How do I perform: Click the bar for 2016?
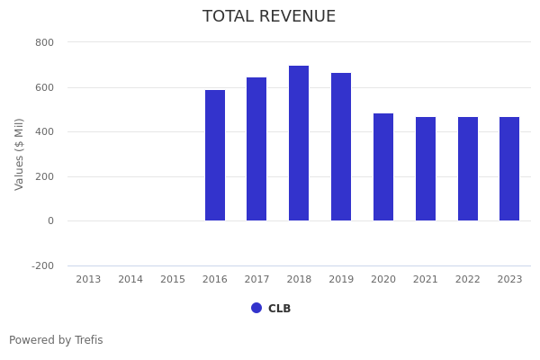(215, 156)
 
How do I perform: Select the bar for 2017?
(256, 149)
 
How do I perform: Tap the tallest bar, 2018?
(299, 143)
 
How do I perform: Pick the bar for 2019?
(341, 147)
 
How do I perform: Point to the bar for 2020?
(383, 167)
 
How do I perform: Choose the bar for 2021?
(426, 169)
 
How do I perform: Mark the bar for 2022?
(468, 169)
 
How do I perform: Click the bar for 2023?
(509, 169)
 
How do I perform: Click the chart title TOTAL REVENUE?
(269, 17)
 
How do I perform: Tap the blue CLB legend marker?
(256, 308)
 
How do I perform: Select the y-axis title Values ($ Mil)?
(20, 154)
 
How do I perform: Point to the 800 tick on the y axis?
(44, 42)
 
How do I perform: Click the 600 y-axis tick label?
(44, 87)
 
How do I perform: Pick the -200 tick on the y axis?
(42, 265)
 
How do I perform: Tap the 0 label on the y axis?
(50, 221)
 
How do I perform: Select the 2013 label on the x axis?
(88, 280)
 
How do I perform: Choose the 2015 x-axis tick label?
(173, 280)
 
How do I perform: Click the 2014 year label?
(130, 280)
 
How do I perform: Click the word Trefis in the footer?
(88, 340)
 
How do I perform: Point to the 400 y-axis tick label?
(44, 132)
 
